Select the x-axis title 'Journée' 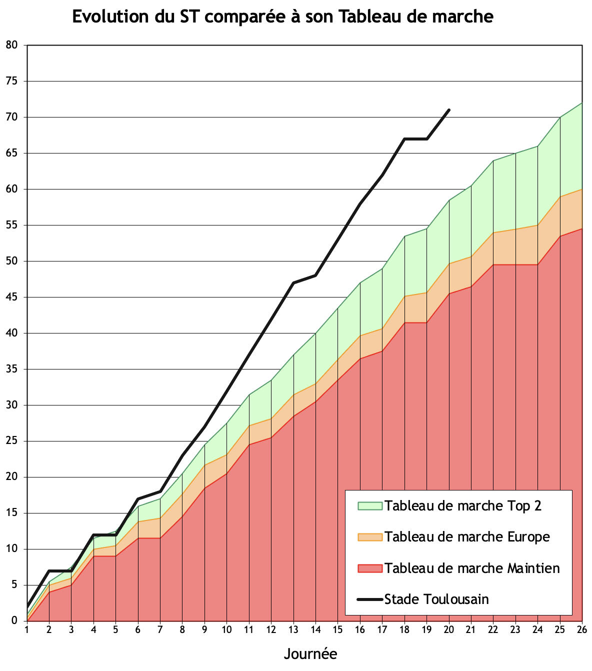click(310, 653)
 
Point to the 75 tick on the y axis click(11, 81)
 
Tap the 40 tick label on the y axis click(11, 333)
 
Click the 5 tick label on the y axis click(14, 585)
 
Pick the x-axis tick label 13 click(293, 629)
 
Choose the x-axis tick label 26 click(581, 629)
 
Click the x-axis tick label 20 click(448, 629)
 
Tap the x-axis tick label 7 click(160, 629)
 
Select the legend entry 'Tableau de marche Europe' click(467, 537)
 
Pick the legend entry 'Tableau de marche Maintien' click(472, 568)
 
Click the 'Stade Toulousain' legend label click(436, 599)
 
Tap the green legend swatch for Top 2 click(370, 506)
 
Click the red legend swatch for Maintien click(370, 568)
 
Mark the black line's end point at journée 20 click(449, 109)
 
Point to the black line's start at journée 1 click(27, 606)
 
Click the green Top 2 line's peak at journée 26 click(581, 103)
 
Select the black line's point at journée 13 click(293, 283)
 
